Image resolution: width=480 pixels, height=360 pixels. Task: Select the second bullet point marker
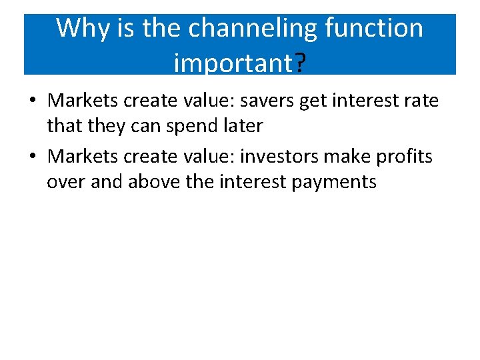(33, 157)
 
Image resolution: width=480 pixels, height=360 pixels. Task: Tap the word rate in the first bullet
(420, 101)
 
